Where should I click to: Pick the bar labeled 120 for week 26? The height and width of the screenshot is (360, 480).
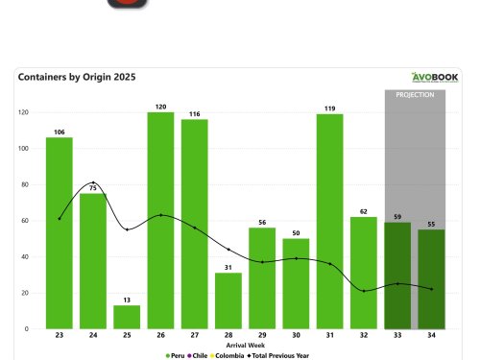tap(160, 220)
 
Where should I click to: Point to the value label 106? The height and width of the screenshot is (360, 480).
tap(60, 132)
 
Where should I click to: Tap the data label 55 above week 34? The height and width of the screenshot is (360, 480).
tap(431, 223)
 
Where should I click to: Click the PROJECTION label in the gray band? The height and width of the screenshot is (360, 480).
tap(415, 95)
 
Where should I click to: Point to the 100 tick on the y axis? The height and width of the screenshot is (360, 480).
tap(23, 149)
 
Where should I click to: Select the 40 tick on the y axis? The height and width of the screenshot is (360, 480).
tap(25, 256)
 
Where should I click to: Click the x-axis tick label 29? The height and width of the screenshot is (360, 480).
tap(262, 336)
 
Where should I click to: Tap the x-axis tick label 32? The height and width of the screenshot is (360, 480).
tap(363, 336)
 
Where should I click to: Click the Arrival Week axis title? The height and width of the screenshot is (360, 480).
tap(245, 345)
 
